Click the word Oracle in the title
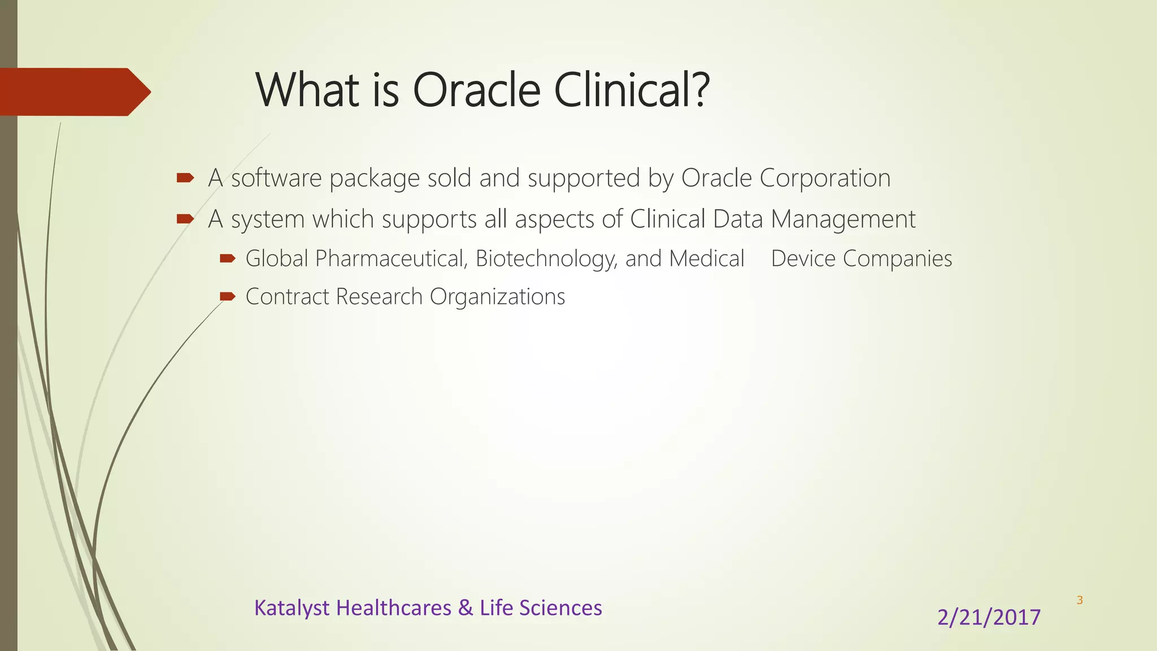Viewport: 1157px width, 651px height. [477, 90]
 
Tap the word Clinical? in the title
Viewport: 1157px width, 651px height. [632, 90]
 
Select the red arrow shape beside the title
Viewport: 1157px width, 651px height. [73, 92]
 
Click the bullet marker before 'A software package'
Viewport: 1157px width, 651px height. [185, 179]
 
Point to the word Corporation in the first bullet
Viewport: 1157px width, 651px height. [825, 178]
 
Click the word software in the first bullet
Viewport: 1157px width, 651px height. [277, 178]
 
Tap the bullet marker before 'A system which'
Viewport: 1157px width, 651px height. [185, 219]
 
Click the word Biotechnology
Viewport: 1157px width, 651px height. [546, 259]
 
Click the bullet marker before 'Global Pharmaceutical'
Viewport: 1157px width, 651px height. [228, 259]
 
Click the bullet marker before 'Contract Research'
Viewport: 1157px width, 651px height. [228, 297]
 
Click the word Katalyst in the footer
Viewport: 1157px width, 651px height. [292, 609]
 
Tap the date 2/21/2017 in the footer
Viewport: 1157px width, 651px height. [989, 617]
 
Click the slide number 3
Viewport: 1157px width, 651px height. [1080, 600]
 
